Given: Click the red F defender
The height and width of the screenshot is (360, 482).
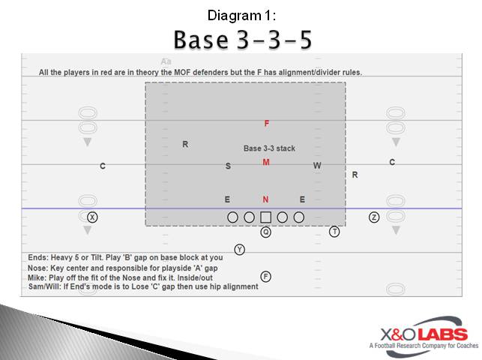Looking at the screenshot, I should [x=266, y=124].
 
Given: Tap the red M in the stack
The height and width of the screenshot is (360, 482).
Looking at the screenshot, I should [x=266, y=162].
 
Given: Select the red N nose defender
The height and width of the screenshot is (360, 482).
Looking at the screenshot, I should [x=265, y=199].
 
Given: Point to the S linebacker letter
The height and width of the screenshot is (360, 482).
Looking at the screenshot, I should [x=228, y=166].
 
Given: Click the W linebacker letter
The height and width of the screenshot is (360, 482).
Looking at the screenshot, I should [x=317, y=166].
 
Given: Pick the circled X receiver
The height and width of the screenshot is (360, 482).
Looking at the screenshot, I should [x=92, y=217].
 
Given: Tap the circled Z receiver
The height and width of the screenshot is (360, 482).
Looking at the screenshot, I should [x=374, y=217].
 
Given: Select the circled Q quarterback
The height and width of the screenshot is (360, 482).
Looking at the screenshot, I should [x=266, y=232].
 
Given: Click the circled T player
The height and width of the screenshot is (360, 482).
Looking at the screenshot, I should [x=334, y=232].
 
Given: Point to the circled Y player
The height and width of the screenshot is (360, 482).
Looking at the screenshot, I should [x=240, y=250].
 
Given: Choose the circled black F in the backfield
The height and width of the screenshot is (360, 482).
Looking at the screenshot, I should [x=266, y=277].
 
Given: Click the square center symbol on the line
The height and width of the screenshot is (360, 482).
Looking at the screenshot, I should [x=266, y=217].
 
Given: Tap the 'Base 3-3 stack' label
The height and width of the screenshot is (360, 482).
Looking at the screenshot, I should [x=269, y=148].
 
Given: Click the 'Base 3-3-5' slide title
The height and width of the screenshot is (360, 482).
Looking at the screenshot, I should [x=242, y=39].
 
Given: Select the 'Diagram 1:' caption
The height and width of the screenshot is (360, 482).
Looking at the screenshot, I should [x=241, y=15].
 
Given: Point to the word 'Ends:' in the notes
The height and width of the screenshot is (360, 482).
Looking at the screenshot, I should [x=38, y=257].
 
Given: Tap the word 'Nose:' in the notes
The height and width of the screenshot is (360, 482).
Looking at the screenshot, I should [x=39, y=267].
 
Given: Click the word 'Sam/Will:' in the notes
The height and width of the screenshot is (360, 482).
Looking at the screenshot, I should [x=46, y=286].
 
